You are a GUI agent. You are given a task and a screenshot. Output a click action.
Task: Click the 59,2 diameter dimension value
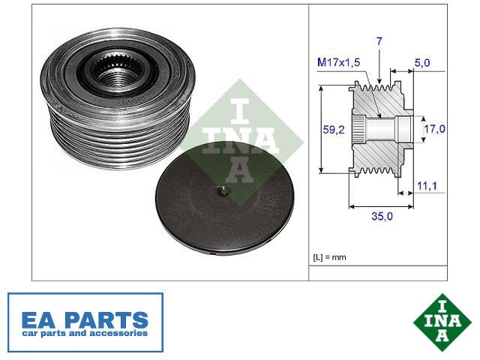[x=334, y=130]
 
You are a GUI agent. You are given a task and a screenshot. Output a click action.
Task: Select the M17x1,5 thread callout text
[x=338, y=62]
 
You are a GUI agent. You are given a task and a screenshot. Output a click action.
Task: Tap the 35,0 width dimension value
[x=382, y=216]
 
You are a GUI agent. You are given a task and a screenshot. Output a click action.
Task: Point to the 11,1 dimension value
[x=427, y=185]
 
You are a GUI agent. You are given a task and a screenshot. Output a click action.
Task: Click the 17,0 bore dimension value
[x=434, y=129]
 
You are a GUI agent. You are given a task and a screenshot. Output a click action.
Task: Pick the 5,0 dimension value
[x=422, y=63]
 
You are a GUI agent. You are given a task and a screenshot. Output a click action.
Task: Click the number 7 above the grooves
[x=379, y=41]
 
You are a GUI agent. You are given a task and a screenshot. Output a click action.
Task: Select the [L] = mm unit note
[x=329, y=257]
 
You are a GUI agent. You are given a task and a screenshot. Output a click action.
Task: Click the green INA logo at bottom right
[x=442, y=322]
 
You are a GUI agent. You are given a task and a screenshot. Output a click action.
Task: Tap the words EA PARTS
[x=85, y=320]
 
